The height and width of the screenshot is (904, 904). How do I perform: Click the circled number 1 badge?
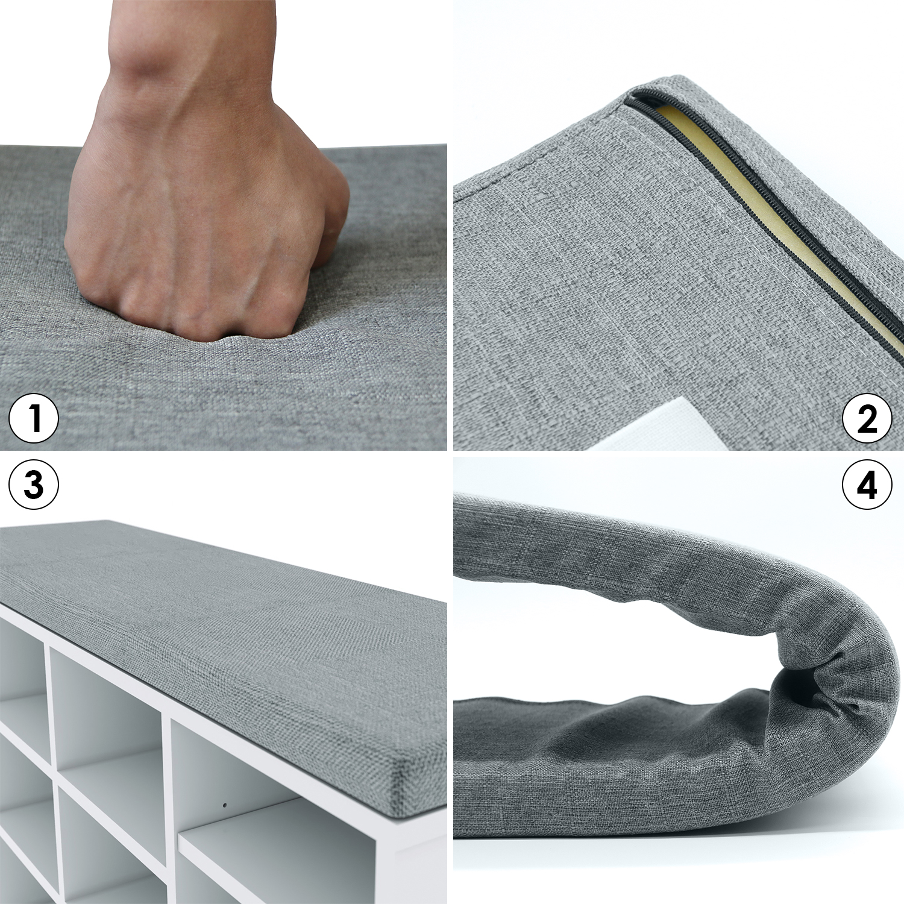pos(34,418)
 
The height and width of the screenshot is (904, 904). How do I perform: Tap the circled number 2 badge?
pos(867,418)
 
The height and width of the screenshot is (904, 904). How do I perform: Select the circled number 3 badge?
pos(34,485)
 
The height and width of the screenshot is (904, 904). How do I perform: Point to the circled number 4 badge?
pos(867,485)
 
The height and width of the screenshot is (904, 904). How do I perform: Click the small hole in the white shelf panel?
pos(224,804)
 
